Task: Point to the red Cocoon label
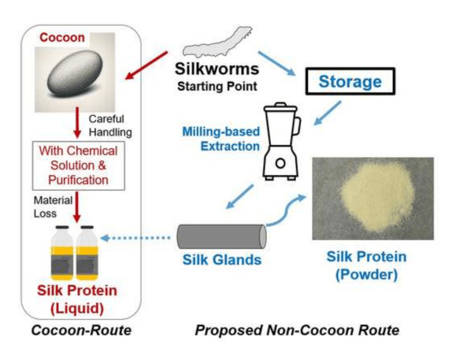tap(62, 38)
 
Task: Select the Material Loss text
tap(51, 207)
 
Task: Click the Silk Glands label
tap(222, 261)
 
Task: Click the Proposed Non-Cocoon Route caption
tap(297, 329)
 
